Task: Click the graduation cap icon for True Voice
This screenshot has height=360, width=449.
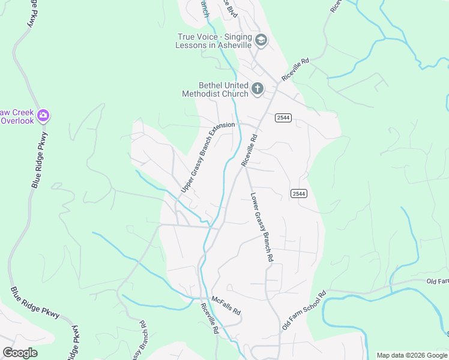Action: (x=261, y=41)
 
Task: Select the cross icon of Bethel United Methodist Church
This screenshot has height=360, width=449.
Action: (x=257, y=89)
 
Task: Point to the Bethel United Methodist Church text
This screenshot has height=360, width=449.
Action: (x=215, y=89)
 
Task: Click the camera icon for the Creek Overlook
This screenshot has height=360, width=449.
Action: (x=43, y=115)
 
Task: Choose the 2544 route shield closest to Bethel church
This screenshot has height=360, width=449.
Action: (x=283, y=118)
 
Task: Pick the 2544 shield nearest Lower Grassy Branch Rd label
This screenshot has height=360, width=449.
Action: (x=299, y=193)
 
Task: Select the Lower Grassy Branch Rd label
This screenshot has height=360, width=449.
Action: (x=262, y=227)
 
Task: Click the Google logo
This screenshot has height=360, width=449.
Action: (x=20, y=352)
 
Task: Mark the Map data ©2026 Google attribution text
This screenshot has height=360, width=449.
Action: (x=412, y=355)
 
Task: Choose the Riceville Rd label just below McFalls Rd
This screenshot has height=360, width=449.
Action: (x=209, y=318)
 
